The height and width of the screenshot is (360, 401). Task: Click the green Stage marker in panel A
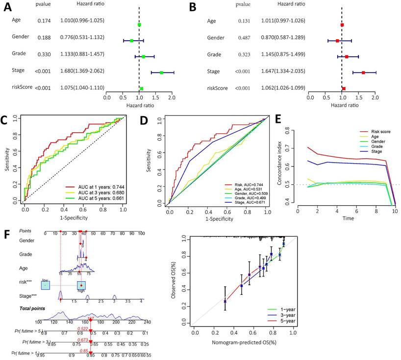[x=161, y=72]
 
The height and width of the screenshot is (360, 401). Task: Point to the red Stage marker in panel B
[x=363, y=72]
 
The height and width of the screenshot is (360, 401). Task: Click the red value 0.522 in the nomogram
[x=83, y=328]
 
